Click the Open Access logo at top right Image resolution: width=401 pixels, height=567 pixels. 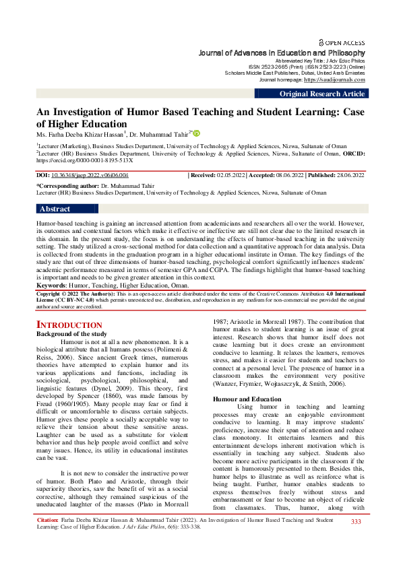343,42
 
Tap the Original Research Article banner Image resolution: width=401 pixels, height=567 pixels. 322,94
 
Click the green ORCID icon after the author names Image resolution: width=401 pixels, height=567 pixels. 197,133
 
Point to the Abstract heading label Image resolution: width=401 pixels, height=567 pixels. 55,209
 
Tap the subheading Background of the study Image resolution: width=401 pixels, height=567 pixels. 71,334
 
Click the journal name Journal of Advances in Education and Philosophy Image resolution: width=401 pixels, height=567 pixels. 282,53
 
